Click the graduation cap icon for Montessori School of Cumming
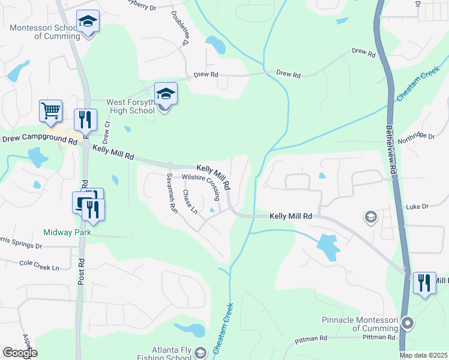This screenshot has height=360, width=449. (x=88, y=22)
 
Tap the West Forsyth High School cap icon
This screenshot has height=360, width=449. (x=166, y=95)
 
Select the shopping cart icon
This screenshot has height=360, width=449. (x=51, y=111)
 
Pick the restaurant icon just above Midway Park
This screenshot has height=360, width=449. (x=92, y=209)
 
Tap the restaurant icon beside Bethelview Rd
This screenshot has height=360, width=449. (x=424, y=283)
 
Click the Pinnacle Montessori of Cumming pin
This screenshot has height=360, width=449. (x=408, y=324)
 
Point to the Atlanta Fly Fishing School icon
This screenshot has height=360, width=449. (x=201, y=352)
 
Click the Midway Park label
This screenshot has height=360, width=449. (x=66, y=232)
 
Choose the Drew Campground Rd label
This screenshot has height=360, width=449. (x=40, y=140)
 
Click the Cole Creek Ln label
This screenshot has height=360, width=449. (x=40, y=264)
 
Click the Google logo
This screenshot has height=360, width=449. (x=20, y=353)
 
